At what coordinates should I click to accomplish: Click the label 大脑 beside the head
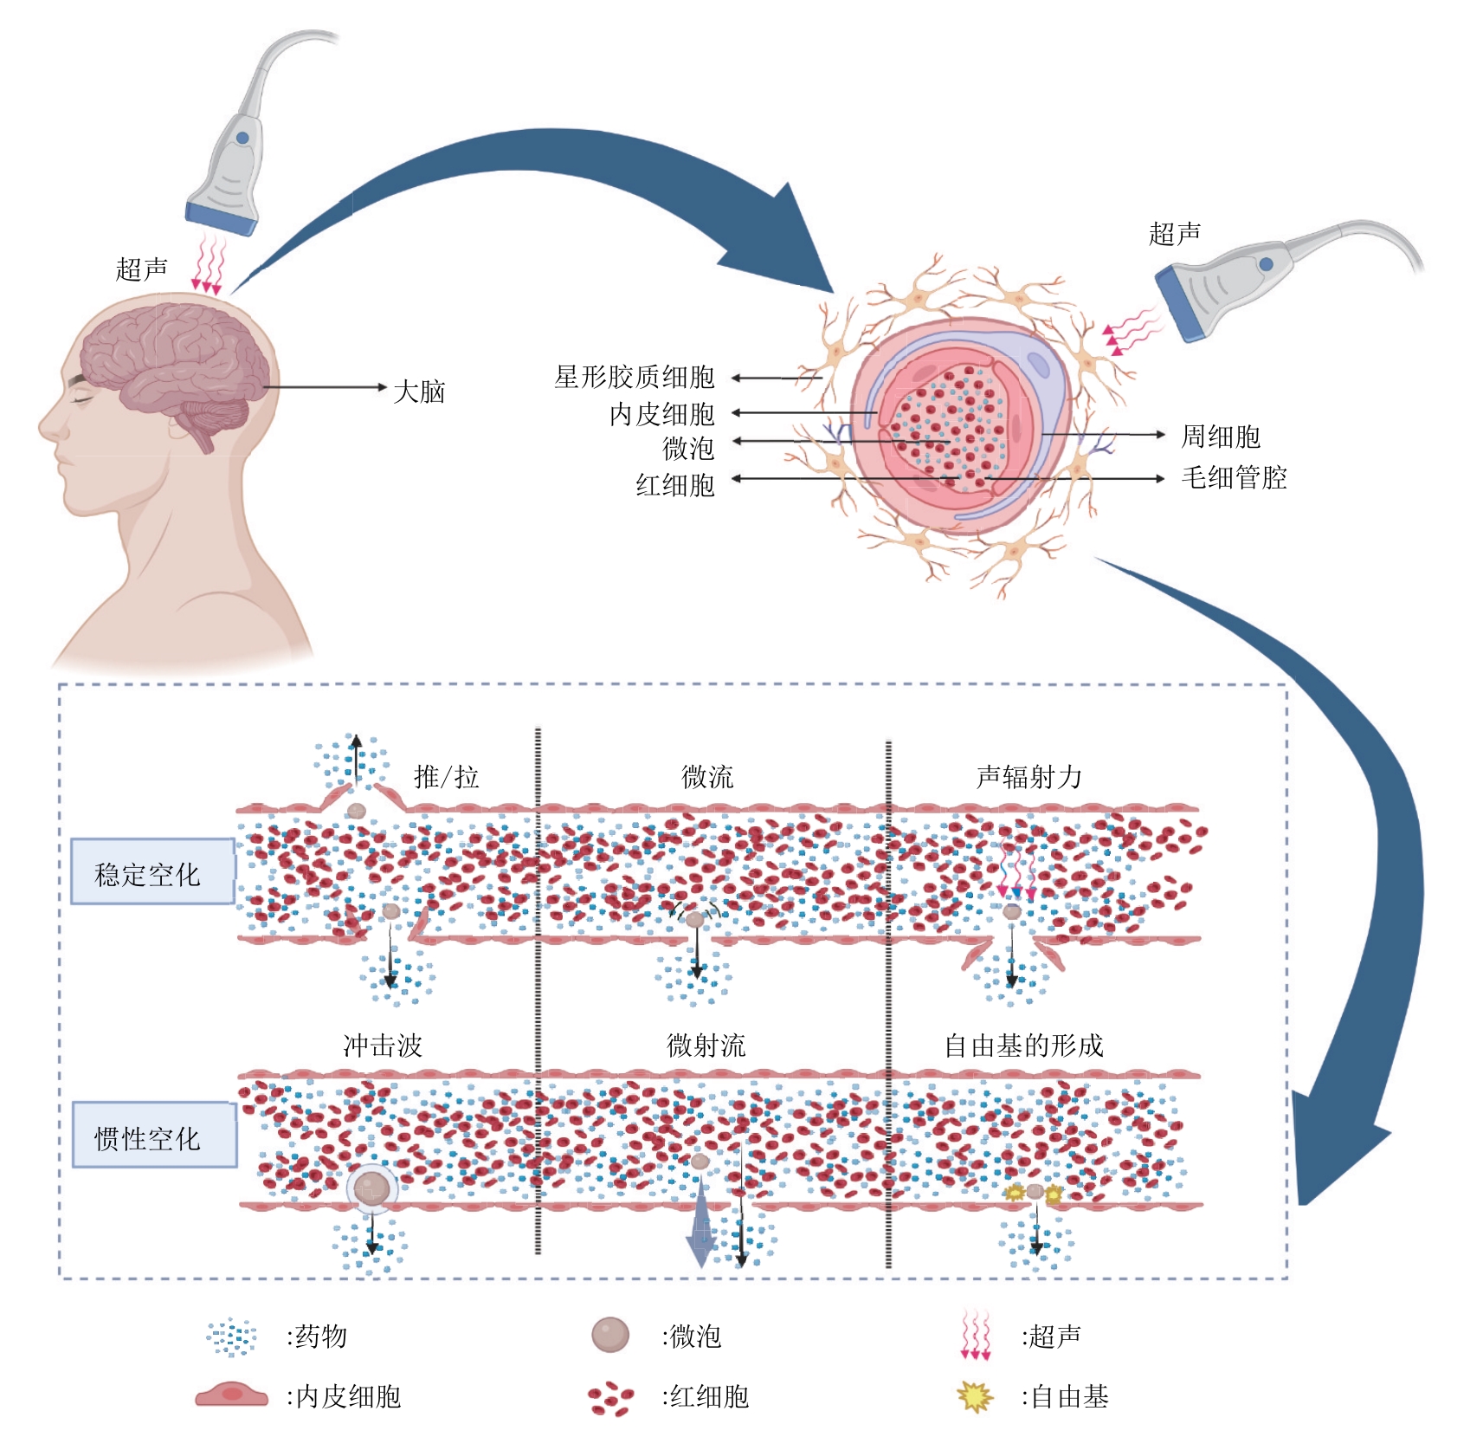pyautogui.click(x=419, y=392)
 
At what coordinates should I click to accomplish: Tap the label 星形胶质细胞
pyautogui.click(x=635, y=377)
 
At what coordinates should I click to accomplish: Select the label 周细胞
pyautogui.click(x=1221, y=436)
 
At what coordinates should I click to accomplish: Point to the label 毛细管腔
pyautogui.click(x=1234, y=477)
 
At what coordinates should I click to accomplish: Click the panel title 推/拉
pyautogui.click(x=447, y=776)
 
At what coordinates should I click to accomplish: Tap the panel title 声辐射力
pyautogui.click(x=1028, y=777)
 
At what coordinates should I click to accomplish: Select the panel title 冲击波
pyautogui.click(x=383, y=1045)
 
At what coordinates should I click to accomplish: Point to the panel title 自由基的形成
pyautogui.click(x=1023, y=1045)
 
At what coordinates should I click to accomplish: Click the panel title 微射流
pyautogui.click(x=706, y=1045)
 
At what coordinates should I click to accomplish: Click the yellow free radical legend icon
pyautogui.click(x=975, y=1395)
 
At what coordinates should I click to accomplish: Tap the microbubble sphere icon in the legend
pyautogui.click(x=609, y=1335)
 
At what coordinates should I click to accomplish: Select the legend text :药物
pyautogui.click(x=317, y=1336)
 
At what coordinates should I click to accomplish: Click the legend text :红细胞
pyautogui.click(x=705, y=1396)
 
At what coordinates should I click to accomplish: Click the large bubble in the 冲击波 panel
pyautogui.click(x=372, y=1189)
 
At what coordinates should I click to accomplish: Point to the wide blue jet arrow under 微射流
pyautogui.click(x=700, y=1234)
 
